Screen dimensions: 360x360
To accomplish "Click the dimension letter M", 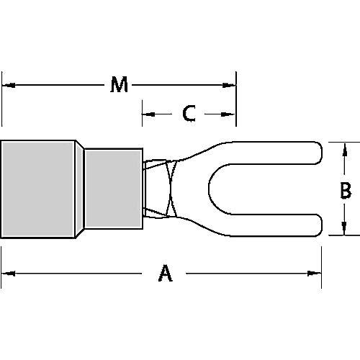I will [120, 86].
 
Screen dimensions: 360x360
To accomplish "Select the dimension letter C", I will [189, 114].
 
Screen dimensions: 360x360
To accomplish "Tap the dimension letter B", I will [345, 190].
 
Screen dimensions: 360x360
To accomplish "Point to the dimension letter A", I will [165, 273].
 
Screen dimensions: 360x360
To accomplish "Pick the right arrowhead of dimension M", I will [231, 86].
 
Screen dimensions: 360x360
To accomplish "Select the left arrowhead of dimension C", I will [147, 114].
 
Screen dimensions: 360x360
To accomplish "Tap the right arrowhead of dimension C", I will [231, 114].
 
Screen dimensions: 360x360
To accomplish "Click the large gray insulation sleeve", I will [37, 189].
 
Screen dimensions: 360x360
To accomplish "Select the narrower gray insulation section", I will [113, 189].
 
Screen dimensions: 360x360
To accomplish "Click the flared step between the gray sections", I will [80, 189].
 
